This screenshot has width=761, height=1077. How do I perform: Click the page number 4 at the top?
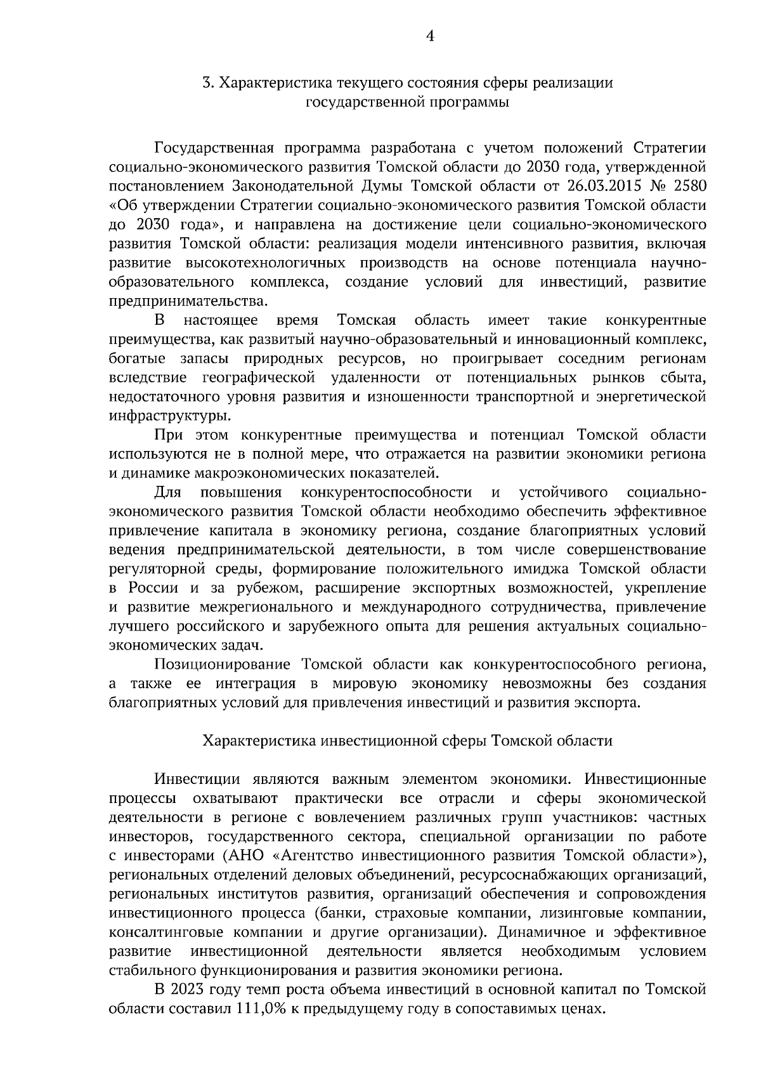[429, 37]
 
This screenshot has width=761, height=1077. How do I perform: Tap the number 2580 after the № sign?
[688, 186]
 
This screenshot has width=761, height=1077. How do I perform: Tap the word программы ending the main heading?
[470, 101]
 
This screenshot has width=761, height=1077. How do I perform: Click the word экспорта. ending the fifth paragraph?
[607, 702]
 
